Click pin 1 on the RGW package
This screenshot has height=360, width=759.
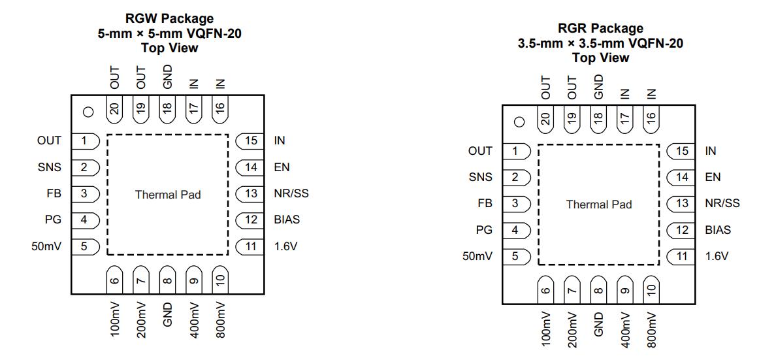coord(84,140)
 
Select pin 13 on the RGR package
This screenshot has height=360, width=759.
coord(681,203)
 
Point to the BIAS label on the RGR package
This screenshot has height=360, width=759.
coord(718,230)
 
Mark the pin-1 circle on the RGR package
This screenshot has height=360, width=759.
coord(519,122)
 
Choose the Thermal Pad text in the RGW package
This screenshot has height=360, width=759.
coord(168,195)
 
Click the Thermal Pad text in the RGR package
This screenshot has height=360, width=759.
coord(599,205)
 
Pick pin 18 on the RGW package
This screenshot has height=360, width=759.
coord(167,109)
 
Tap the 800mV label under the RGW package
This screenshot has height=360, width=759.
coord(220,319)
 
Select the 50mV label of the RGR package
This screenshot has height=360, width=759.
coord(477,256)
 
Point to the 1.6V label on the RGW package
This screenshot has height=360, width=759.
coord(285,246)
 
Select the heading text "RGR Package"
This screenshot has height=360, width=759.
coord(600,29)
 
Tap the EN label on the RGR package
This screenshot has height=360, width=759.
coord(713,177)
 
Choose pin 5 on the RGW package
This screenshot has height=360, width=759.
coord(84,246)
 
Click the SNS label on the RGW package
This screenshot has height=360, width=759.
coord(50,167)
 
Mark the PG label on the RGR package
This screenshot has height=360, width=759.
coord(484,230)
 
